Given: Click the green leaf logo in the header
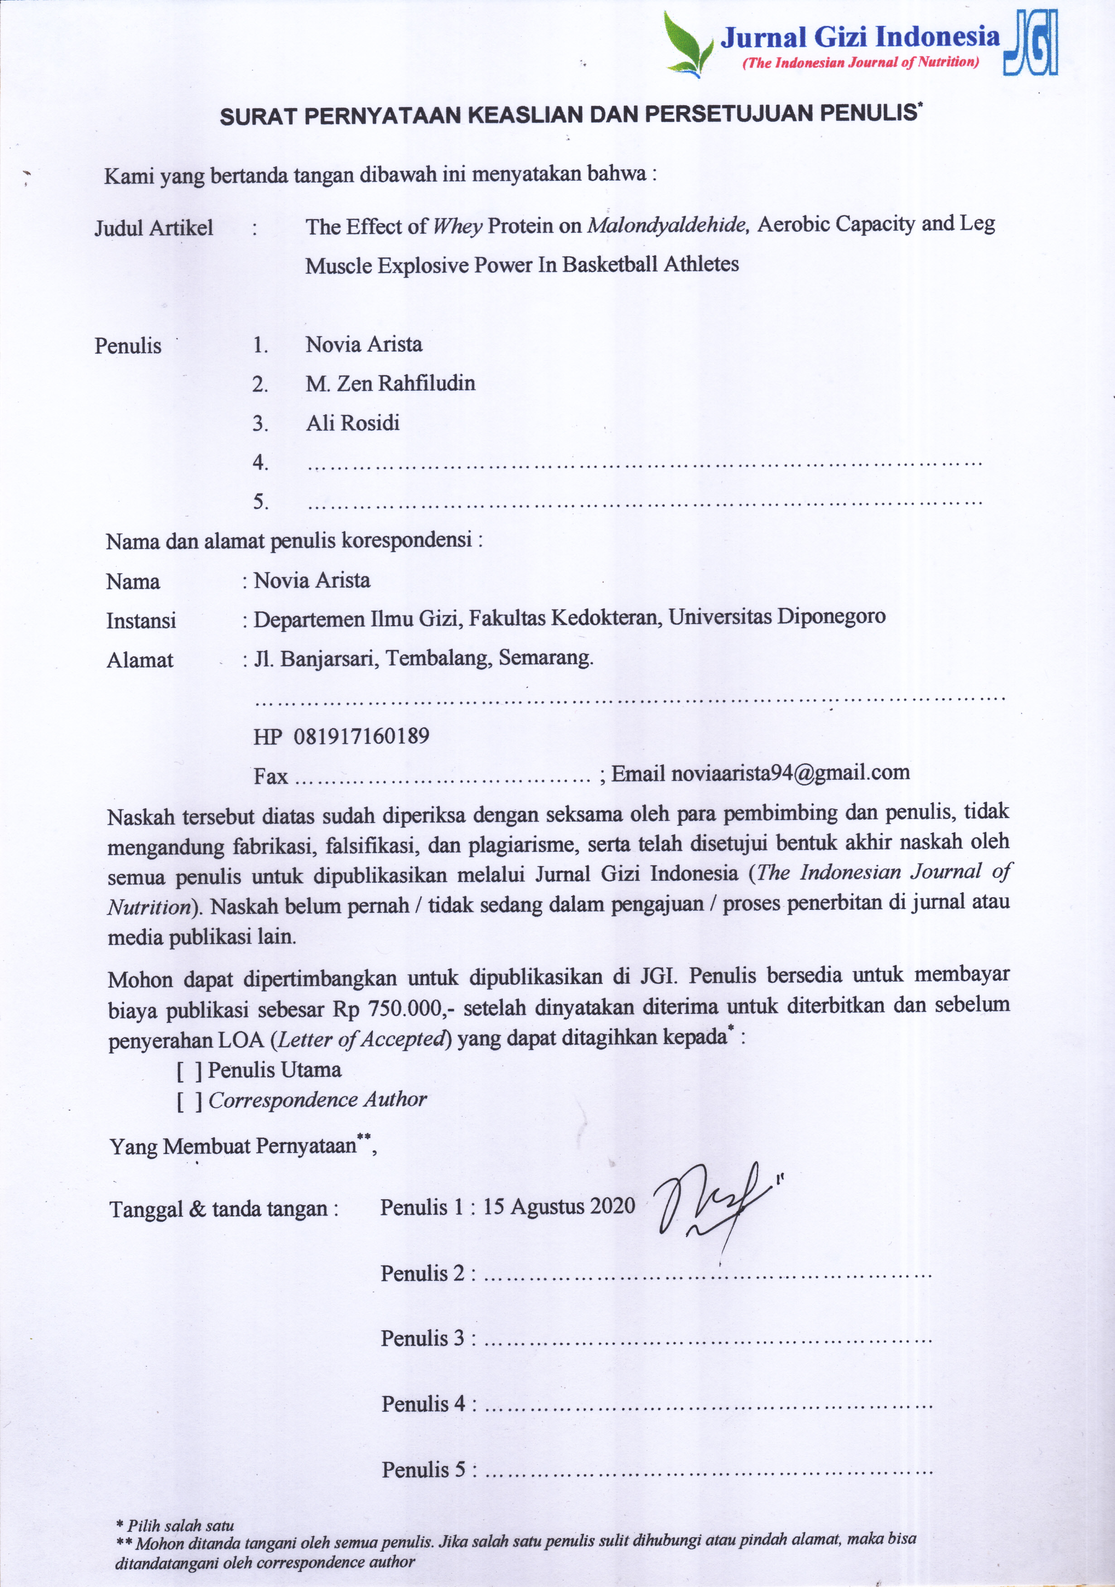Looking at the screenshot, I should (688, 43).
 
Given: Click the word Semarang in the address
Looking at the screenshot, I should (545, 657).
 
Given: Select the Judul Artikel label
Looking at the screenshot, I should (154, 227).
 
